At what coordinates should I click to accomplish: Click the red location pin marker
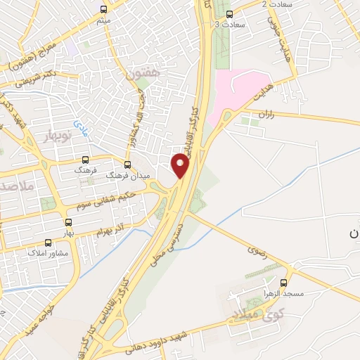[181, 166]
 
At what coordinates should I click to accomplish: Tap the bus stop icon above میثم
[104, 9]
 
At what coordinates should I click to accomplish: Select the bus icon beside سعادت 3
[229, 14]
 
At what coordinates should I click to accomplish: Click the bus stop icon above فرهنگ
[86, 160]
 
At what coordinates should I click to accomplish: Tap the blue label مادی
[83, 126]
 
